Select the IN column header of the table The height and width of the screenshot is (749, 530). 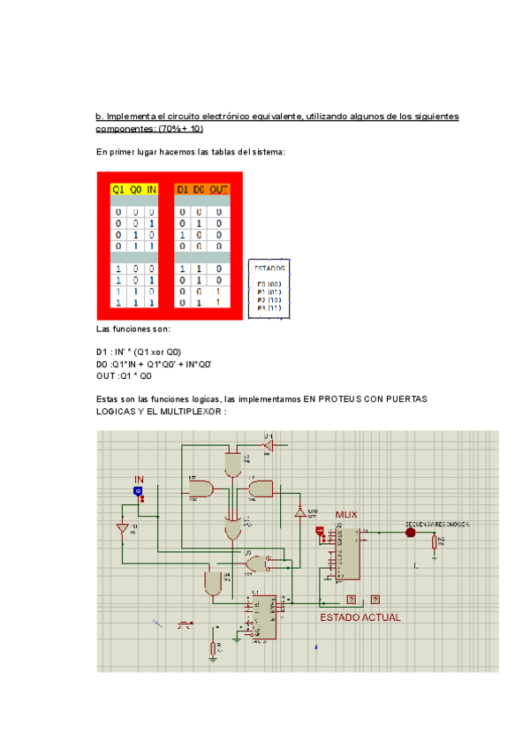(x=151, y=189)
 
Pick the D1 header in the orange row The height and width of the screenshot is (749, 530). (x=183, y=189)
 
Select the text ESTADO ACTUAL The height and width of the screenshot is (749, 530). (x=360, y=617)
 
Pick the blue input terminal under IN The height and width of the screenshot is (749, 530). (x=138, y=490)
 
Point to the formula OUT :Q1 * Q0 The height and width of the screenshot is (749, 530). (x=129, y=375)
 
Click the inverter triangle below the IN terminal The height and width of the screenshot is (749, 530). (x=123, y=529)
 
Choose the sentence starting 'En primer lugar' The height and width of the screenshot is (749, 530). (x=190, y=152)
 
